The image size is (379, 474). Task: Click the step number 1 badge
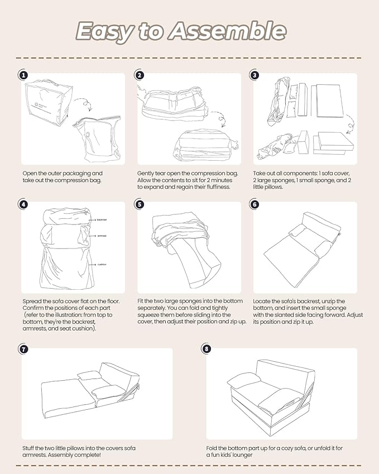(x=23, y=75)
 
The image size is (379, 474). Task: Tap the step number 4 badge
(x=23, y=204)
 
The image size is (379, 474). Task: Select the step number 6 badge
(x=255, y=204)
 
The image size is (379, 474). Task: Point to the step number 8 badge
(x=207, y=349)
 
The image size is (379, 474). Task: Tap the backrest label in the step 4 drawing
(x=101, y=220)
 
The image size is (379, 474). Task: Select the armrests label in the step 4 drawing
(x=102, y=236)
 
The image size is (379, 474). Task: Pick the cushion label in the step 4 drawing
(x=101, y=264)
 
